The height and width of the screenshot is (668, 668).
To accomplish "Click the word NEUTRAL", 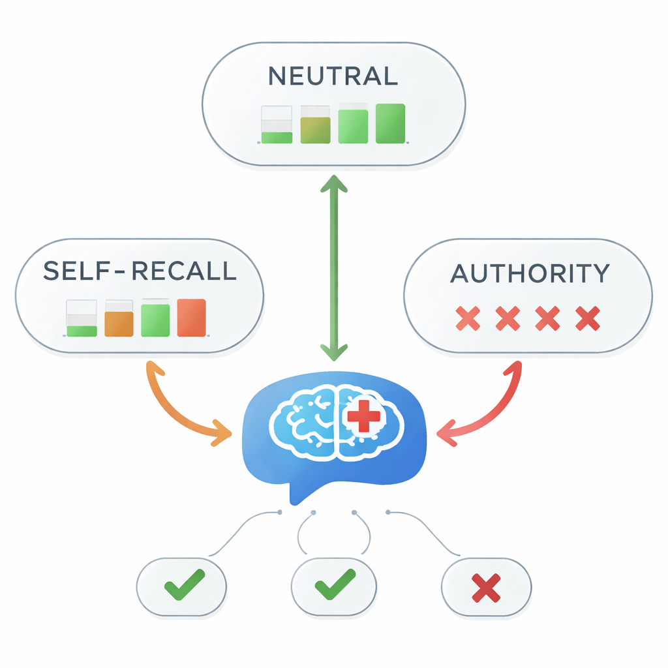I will [x=333, y=76].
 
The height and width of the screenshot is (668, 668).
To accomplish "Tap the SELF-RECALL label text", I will [x=140, y=271].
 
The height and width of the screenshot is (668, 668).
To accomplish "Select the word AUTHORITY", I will [x=530, y=273].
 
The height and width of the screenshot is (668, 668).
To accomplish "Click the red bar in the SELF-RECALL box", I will [x=191, y=318].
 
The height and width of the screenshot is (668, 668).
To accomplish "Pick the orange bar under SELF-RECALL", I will [x=119, y=324].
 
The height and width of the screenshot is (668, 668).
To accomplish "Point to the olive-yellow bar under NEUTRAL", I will [x=315, y=129].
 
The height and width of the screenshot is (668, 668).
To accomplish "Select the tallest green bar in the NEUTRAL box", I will [x=390, y=123].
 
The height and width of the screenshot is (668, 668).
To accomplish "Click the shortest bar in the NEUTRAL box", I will [x=277, y=137].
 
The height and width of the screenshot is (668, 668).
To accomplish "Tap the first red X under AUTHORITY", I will [x=468, y=318].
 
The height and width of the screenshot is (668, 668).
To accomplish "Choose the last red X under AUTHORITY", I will [x=588, y=318].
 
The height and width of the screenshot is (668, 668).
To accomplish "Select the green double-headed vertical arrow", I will [x=334, y=267].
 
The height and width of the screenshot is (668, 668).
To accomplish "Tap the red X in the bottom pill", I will [x=486, y=587].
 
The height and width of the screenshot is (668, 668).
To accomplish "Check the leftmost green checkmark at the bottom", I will [x=184, y=584].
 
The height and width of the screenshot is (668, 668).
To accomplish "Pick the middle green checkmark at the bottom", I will [x=334, y=584].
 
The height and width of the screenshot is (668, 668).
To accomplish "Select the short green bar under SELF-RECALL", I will [x=82, y=331].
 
